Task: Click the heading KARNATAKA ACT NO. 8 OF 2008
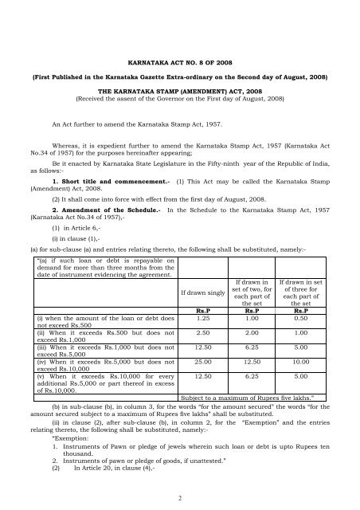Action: coord(181,60)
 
